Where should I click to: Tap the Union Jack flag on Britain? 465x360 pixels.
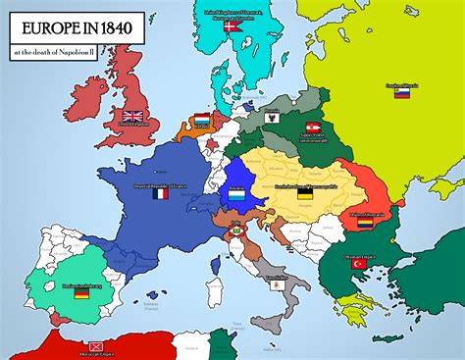coord(131,118)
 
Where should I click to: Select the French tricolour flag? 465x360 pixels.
coord(161,194)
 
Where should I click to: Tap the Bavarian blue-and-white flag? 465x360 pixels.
coord(234,194)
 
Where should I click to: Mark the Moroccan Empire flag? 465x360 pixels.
coord(96,347)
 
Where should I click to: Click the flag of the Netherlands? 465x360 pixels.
coord(202,121)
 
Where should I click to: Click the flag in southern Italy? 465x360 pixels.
coord(277,284)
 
